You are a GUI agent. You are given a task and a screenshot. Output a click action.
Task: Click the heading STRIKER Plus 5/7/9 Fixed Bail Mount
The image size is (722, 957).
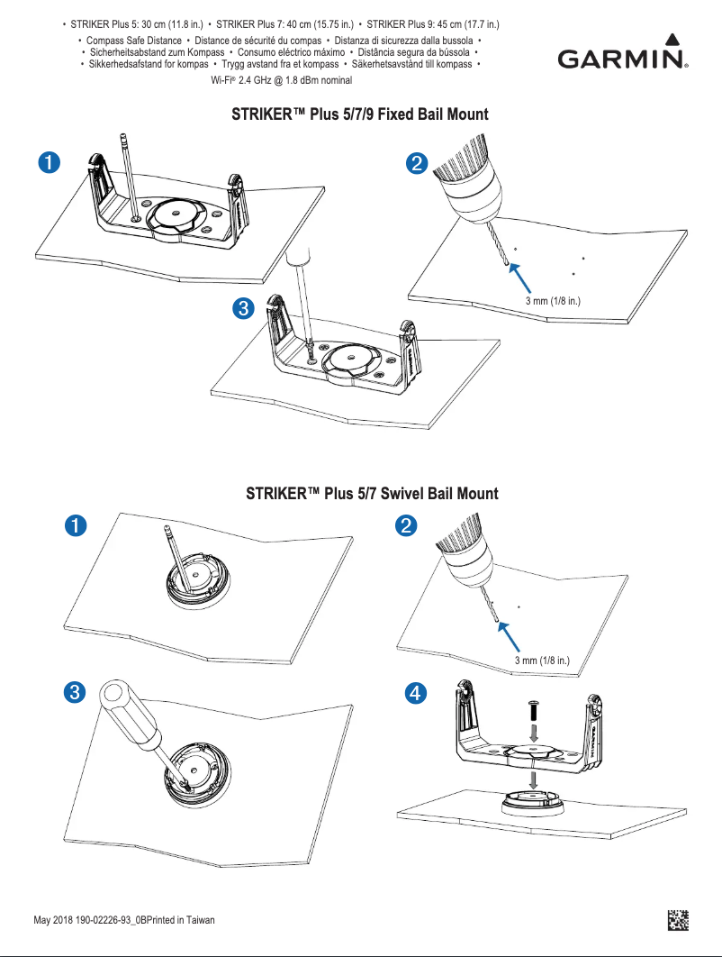(360, 114)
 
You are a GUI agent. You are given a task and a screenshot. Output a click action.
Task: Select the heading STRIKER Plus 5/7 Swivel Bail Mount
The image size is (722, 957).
(372, 494)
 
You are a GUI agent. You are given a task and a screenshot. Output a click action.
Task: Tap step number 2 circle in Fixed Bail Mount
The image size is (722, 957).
(418, 163)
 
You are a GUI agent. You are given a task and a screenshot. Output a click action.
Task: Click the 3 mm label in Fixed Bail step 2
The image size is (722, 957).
(553, 300)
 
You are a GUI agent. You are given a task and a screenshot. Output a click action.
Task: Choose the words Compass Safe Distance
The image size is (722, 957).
(129, 42)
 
